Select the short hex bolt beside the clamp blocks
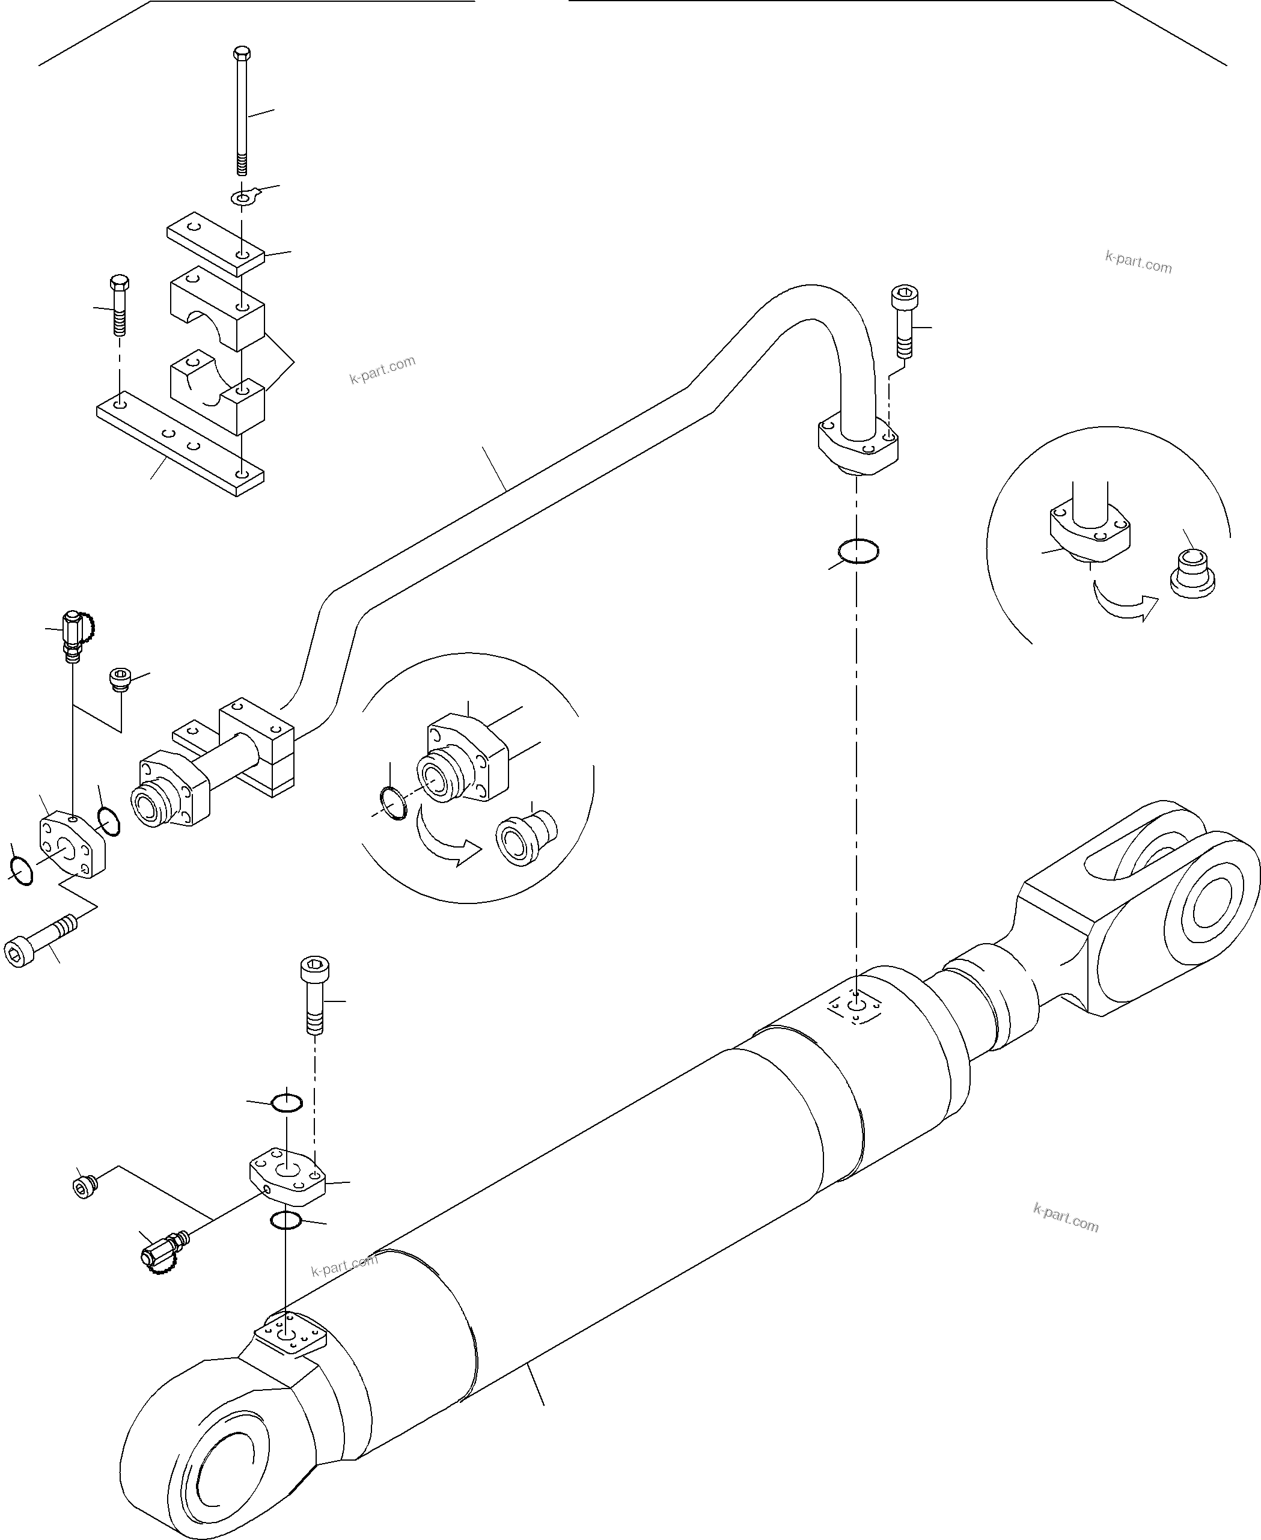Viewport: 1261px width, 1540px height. pos(119,305)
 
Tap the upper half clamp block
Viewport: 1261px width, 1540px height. pos(217,305)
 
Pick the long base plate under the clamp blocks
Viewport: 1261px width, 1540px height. pos(180,445)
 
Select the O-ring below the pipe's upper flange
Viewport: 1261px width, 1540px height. pos(858,551)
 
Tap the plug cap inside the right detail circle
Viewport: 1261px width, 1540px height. pos(1192,574)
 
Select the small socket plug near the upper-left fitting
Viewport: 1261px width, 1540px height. pos(119,680)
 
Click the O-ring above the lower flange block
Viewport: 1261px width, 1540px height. pos(286,1123)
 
